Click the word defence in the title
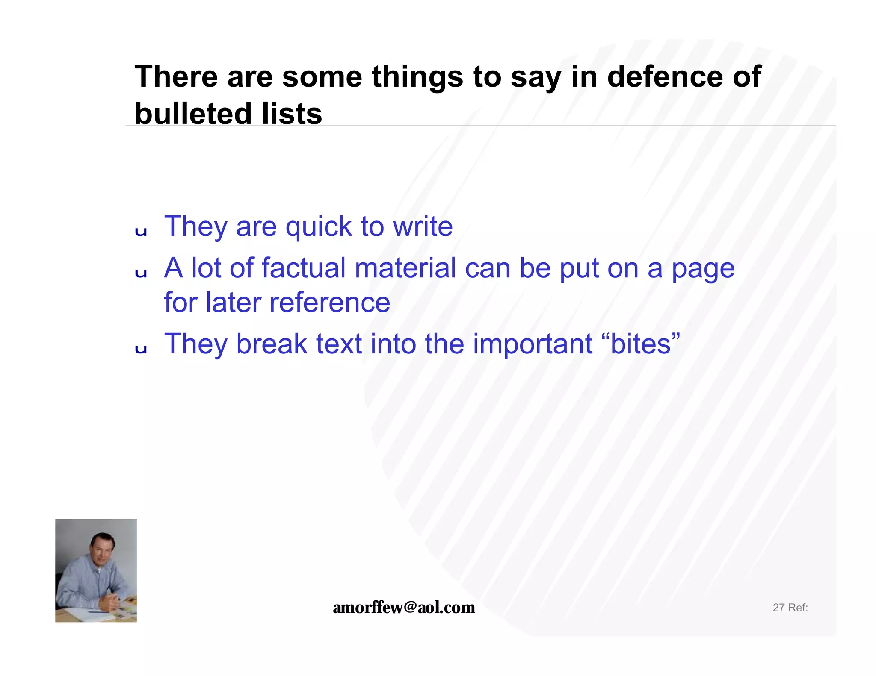tap(665, 77)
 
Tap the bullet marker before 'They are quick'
tap(141, 232)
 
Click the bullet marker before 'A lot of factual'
tap(141, 273)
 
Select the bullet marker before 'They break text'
tap(141, 349)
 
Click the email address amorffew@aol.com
tap(404, 607)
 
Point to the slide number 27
tap(778, 608)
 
